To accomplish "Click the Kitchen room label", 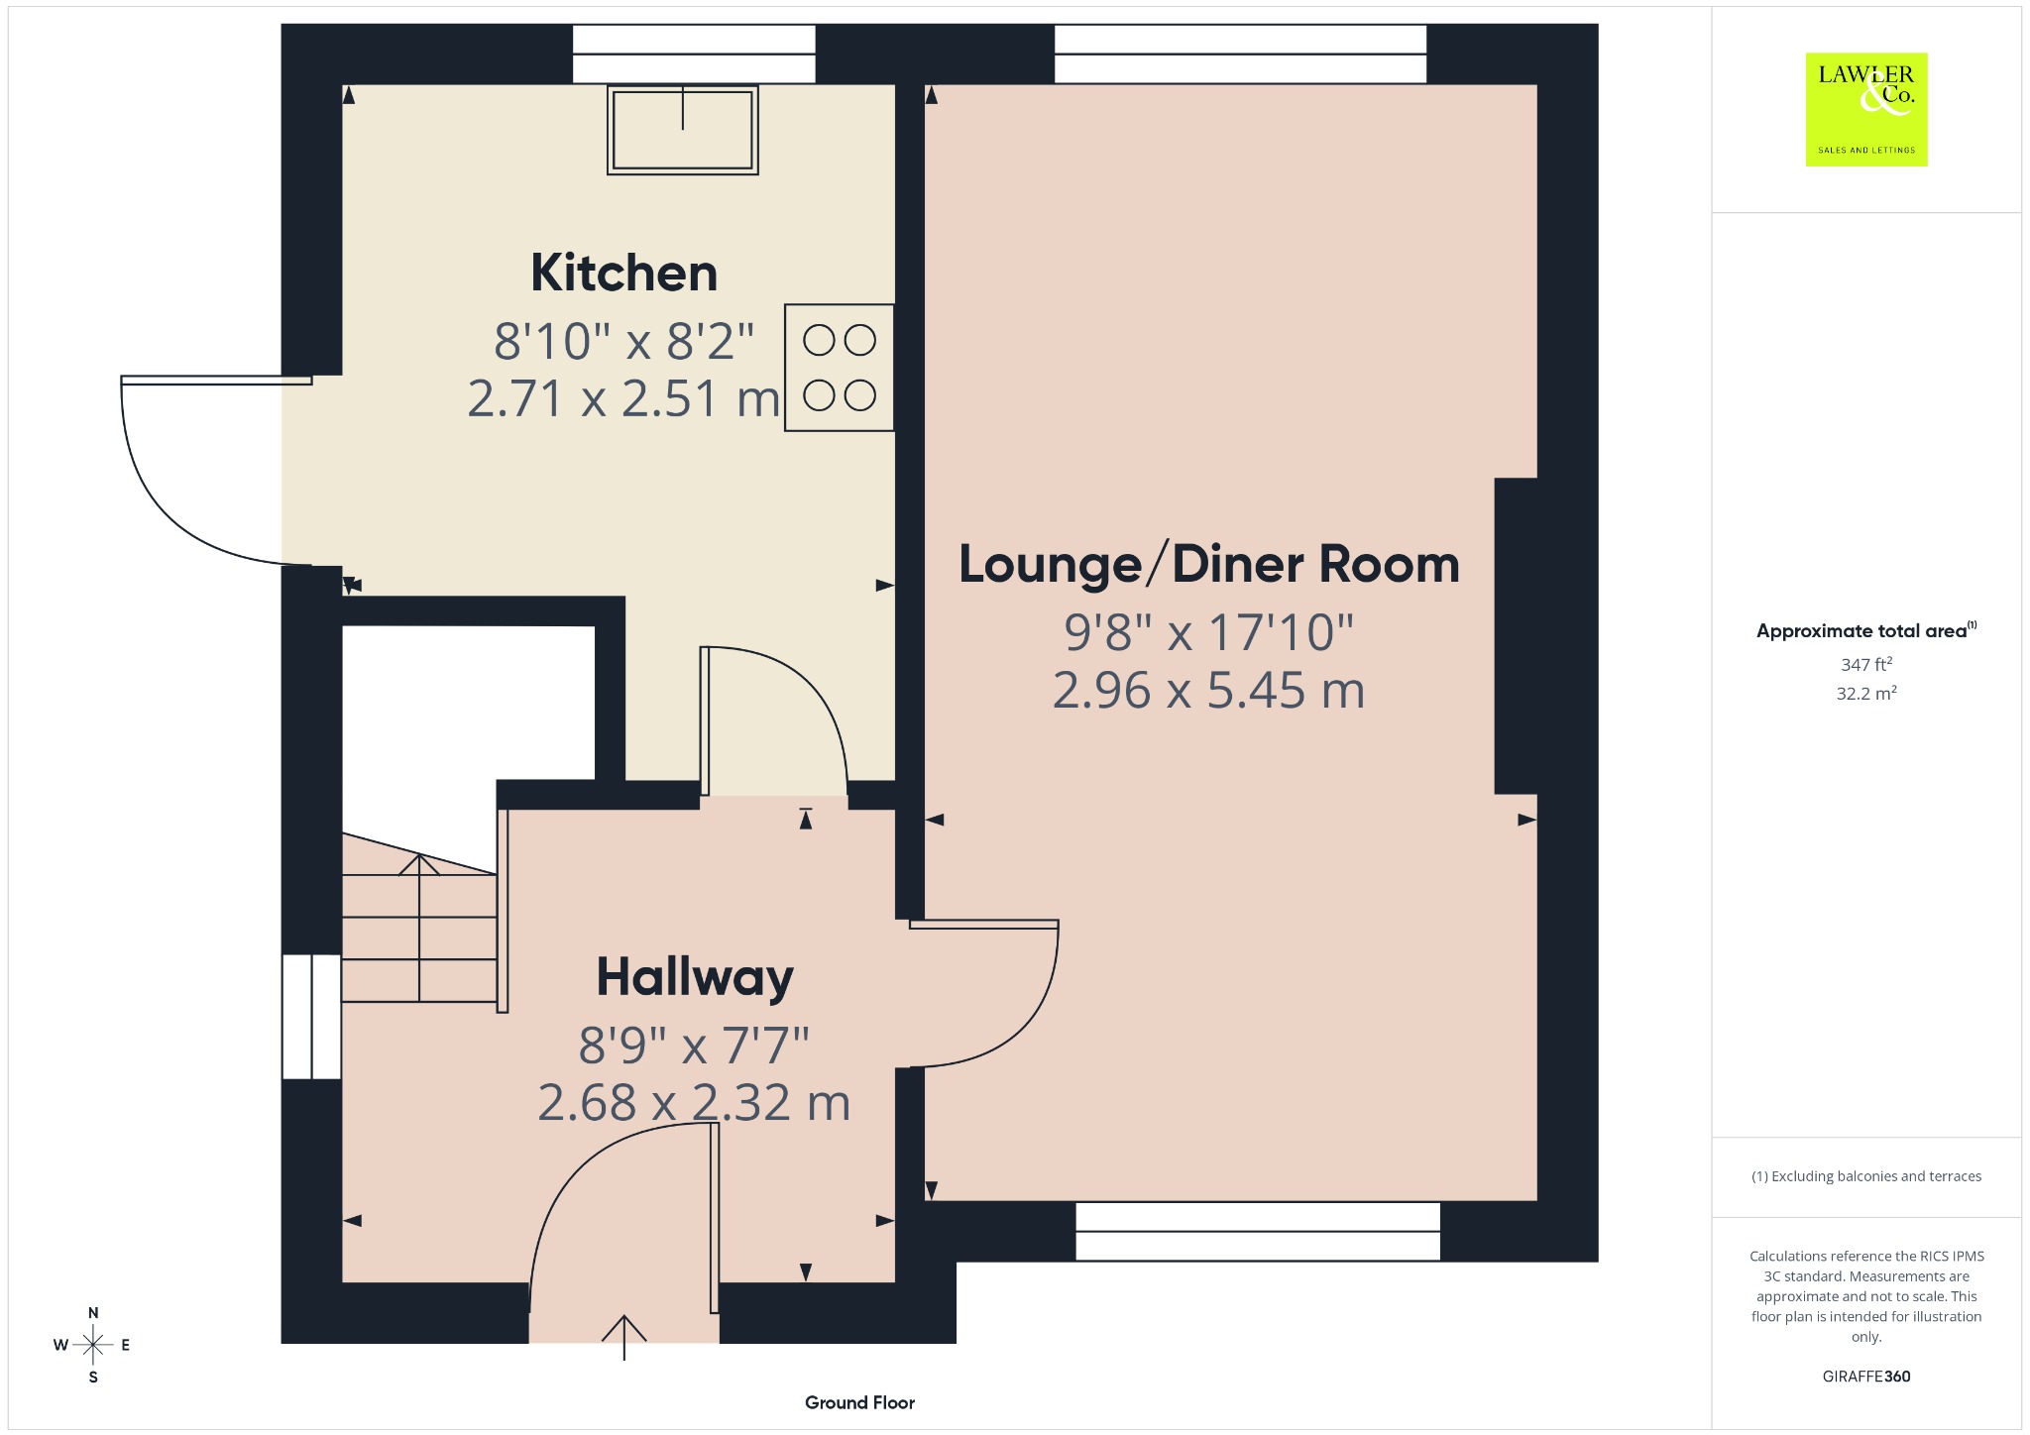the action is (623, 273).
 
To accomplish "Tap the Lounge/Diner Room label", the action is (1208, 564).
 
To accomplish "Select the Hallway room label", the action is (695, 977).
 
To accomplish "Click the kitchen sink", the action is (683, 130).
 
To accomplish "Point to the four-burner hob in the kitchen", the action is (840, 368).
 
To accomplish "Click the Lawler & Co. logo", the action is (1866, 109).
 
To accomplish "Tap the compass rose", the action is (93, 1345).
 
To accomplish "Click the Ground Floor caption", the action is (859, 1402).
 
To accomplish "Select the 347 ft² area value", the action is (1866, 665).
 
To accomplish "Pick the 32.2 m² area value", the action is (1866, 693).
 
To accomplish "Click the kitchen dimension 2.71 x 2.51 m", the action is (623, 398).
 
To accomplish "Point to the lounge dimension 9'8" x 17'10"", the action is (1208, 632).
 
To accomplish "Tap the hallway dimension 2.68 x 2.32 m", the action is (694, 1102).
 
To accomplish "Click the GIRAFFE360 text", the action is (1866, 1377).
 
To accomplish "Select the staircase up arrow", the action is (419, 928).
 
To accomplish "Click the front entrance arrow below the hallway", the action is (624, 1337).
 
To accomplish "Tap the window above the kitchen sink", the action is (694, 54).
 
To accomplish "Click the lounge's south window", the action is (1258, 1232).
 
